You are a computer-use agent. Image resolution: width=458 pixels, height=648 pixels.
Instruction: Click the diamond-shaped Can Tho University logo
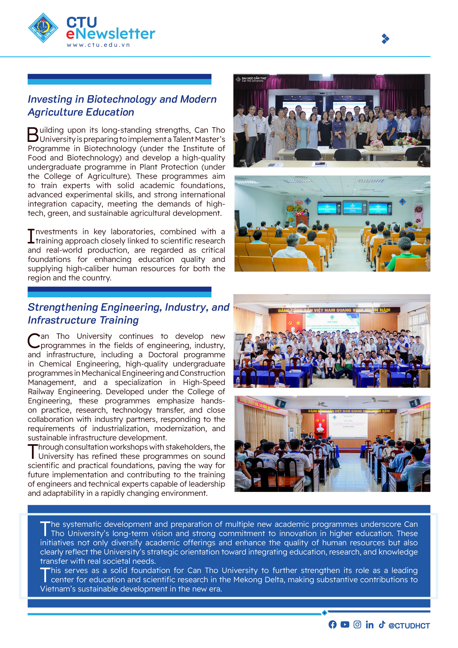point(43,28)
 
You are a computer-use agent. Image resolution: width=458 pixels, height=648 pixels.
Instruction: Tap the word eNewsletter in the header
point(111,34)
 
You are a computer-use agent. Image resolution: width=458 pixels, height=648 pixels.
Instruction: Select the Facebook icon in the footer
point(332,625)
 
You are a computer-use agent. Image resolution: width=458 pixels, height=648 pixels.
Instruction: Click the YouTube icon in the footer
point(345,625)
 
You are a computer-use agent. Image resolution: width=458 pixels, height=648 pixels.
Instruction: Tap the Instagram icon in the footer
point(357,625)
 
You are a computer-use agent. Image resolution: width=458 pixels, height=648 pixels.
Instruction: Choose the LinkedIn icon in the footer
point(369,625)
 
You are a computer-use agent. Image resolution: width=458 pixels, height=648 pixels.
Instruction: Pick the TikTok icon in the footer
point(382,624)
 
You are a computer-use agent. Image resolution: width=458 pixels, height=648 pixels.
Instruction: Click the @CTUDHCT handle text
point(409,626)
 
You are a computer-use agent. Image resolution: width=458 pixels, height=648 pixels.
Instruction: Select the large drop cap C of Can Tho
point(34,341)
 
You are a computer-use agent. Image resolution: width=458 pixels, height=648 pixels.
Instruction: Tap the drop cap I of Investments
point(31,236)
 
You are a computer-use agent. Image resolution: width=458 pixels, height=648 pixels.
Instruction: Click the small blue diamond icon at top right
point(385,39)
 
